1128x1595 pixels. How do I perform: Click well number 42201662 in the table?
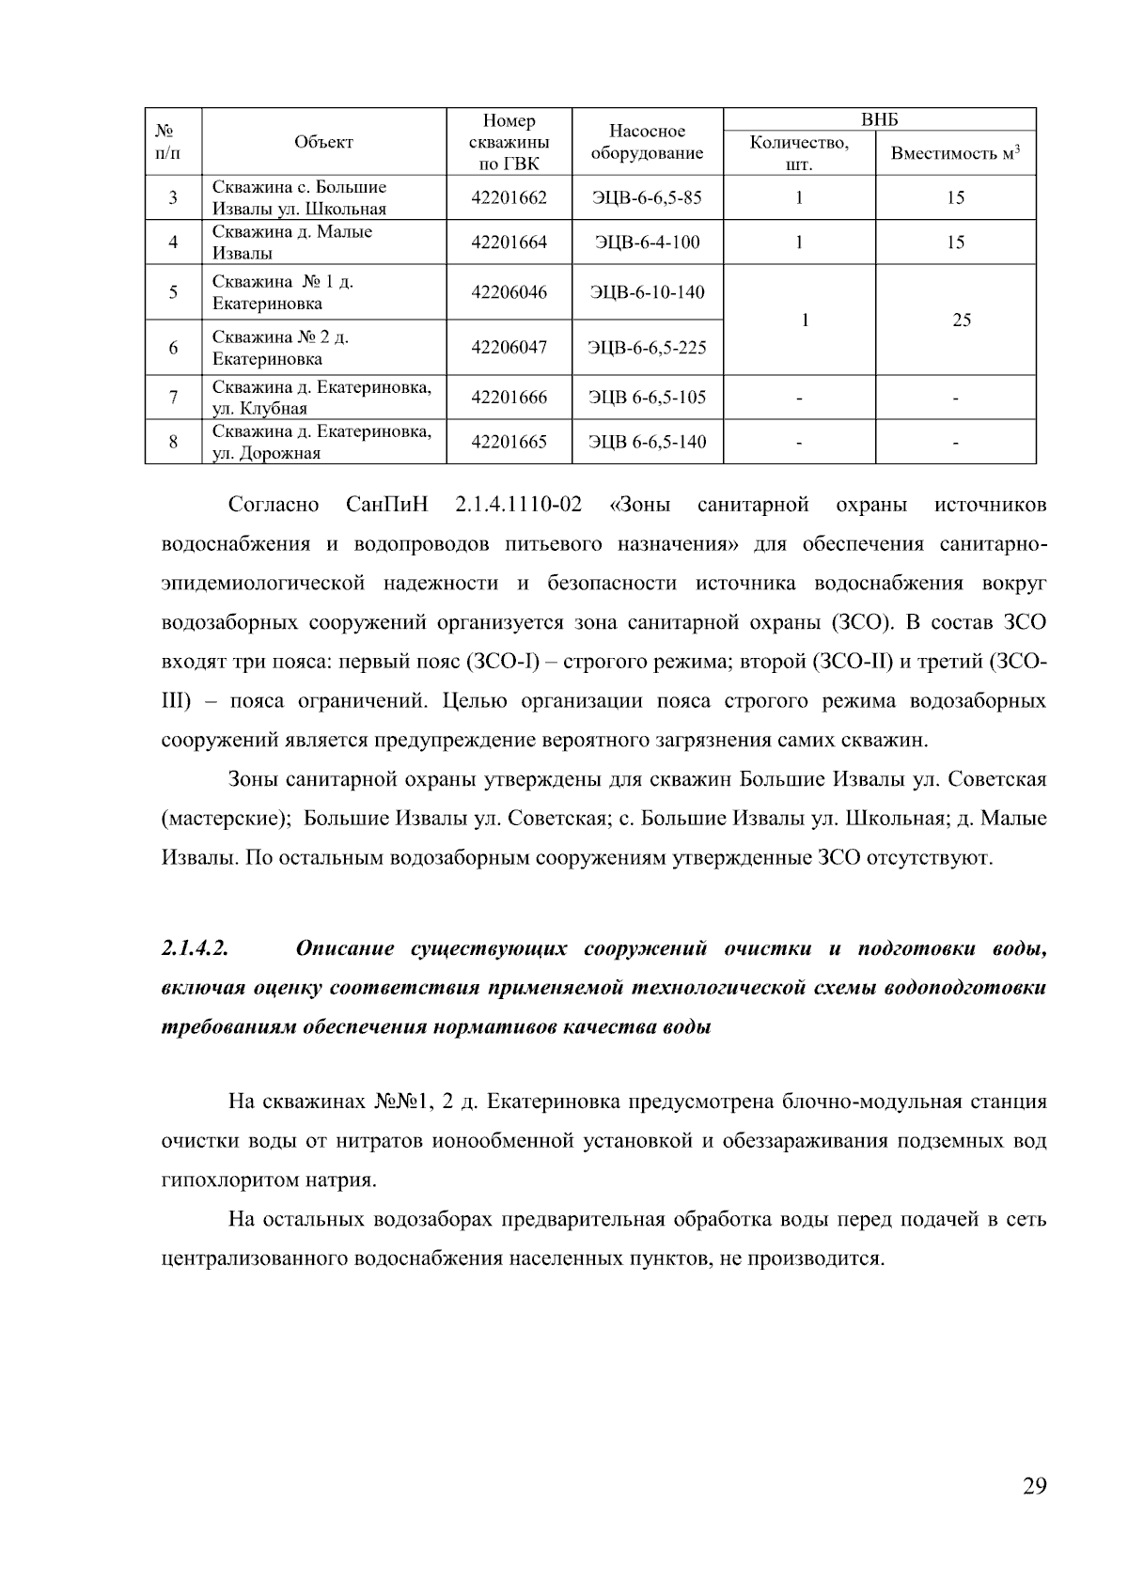[x=509, y=198]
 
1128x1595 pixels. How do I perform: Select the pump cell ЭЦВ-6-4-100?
[x=647, y=242]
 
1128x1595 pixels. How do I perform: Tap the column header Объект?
[x=323, y=142]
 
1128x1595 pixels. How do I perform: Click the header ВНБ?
[x=879, y=119]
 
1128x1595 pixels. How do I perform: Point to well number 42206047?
[x=509, y=348]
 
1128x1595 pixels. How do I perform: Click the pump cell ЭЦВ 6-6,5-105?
[x=647, y=398]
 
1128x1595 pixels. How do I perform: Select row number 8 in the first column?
[x=173, y=442]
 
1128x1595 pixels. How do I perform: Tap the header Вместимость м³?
[x=955, y=153]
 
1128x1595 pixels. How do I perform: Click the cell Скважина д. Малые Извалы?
[x=292, y=242]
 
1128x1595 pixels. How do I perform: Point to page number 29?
[x=1034, y=1486]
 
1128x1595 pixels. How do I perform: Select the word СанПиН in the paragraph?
[x=386, y=506]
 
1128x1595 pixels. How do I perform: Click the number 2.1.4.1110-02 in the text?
[x=518, y=506]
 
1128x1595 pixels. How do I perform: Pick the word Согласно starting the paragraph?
[x=274, y=506]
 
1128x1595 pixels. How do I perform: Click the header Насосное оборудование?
[x=647, y=142]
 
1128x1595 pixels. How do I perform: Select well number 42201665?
[x=509, y=442]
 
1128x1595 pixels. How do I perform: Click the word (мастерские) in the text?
[x=218, y=819]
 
